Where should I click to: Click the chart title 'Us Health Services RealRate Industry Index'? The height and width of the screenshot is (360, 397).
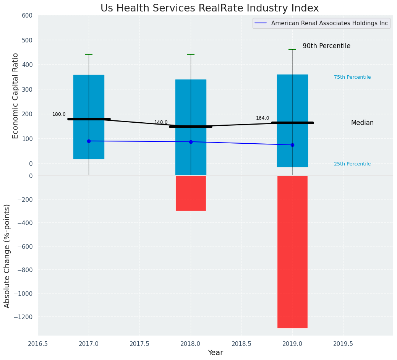pos(209,8)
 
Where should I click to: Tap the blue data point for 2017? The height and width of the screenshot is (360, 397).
pos(89,141)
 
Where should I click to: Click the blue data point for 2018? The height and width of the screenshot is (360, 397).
pos(191,142)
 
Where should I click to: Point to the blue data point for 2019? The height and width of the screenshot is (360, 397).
pos(292,145)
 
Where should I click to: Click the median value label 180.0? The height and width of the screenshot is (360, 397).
pos(59,114)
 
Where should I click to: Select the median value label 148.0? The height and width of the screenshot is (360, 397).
pos(161,122)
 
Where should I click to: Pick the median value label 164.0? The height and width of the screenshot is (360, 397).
pos(263,118)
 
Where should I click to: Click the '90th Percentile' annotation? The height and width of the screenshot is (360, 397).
pos(326,46)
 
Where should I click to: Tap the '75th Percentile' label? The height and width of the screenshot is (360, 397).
pos(352,77)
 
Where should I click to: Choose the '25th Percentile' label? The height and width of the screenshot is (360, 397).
pos(352,164)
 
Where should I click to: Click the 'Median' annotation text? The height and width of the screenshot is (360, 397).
pos(362,123)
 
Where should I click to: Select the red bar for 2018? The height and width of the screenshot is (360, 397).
pos(191,193)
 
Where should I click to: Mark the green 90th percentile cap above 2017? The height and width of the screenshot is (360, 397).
pos(89,54)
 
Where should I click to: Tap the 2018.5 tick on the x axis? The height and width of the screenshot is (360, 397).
pos(241,344)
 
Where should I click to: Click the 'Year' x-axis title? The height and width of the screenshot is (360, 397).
pos(215,353)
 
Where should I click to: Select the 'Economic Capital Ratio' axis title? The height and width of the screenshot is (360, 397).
pos(15,96)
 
